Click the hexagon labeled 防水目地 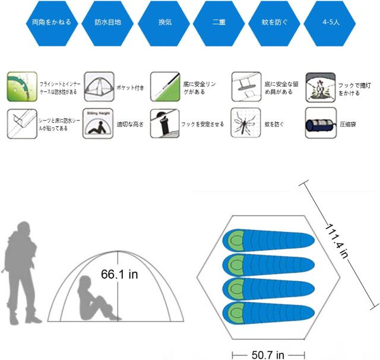tap(107, 23)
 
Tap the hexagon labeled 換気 tap(164, 23)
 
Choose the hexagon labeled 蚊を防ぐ tap(274, 23)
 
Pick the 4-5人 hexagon tap(330, 23)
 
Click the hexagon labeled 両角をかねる tap(52, 23)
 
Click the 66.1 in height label tap(119, 275)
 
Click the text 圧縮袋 tap(347, 125)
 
